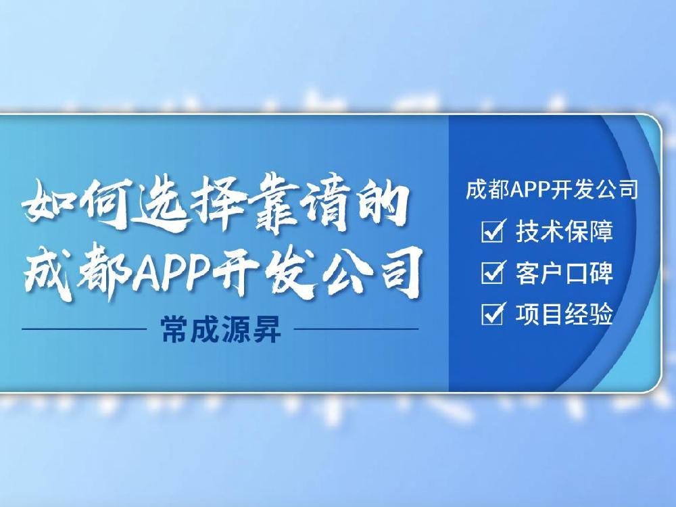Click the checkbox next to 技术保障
[491, 232]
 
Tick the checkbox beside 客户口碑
[491, 273]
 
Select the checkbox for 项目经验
[491, 314]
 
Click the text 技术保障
[564, 231]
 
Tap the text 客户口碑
[564, 273]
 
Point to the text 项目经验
[564, 314]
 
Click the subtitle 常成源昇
[220, 331]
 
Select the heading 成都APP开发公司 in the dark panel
[552, 190]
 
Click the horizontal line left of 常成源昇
[84, 330]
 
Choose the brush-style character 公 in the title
[346, 270]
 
